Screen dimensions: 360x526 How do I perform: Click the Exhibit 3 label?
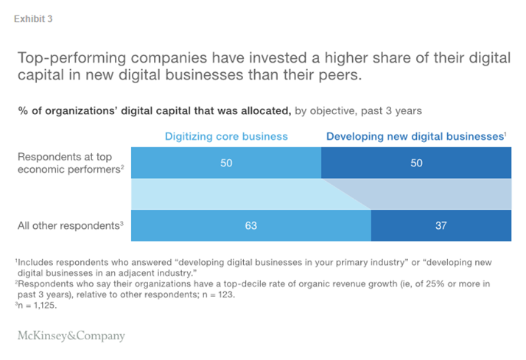33,18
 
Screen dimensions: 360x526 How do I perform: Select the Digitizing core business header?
225,136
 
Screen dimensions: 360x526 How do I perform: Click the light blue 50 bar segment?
225,163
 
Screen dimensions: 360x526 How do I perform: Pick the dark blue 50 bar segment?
416,163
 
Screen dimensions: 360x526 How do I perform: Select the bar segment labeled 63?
250,226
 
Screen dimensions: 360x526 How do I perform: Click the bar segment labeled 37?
441,226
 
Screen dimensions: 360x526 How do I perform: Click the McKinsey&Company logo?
71,336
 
